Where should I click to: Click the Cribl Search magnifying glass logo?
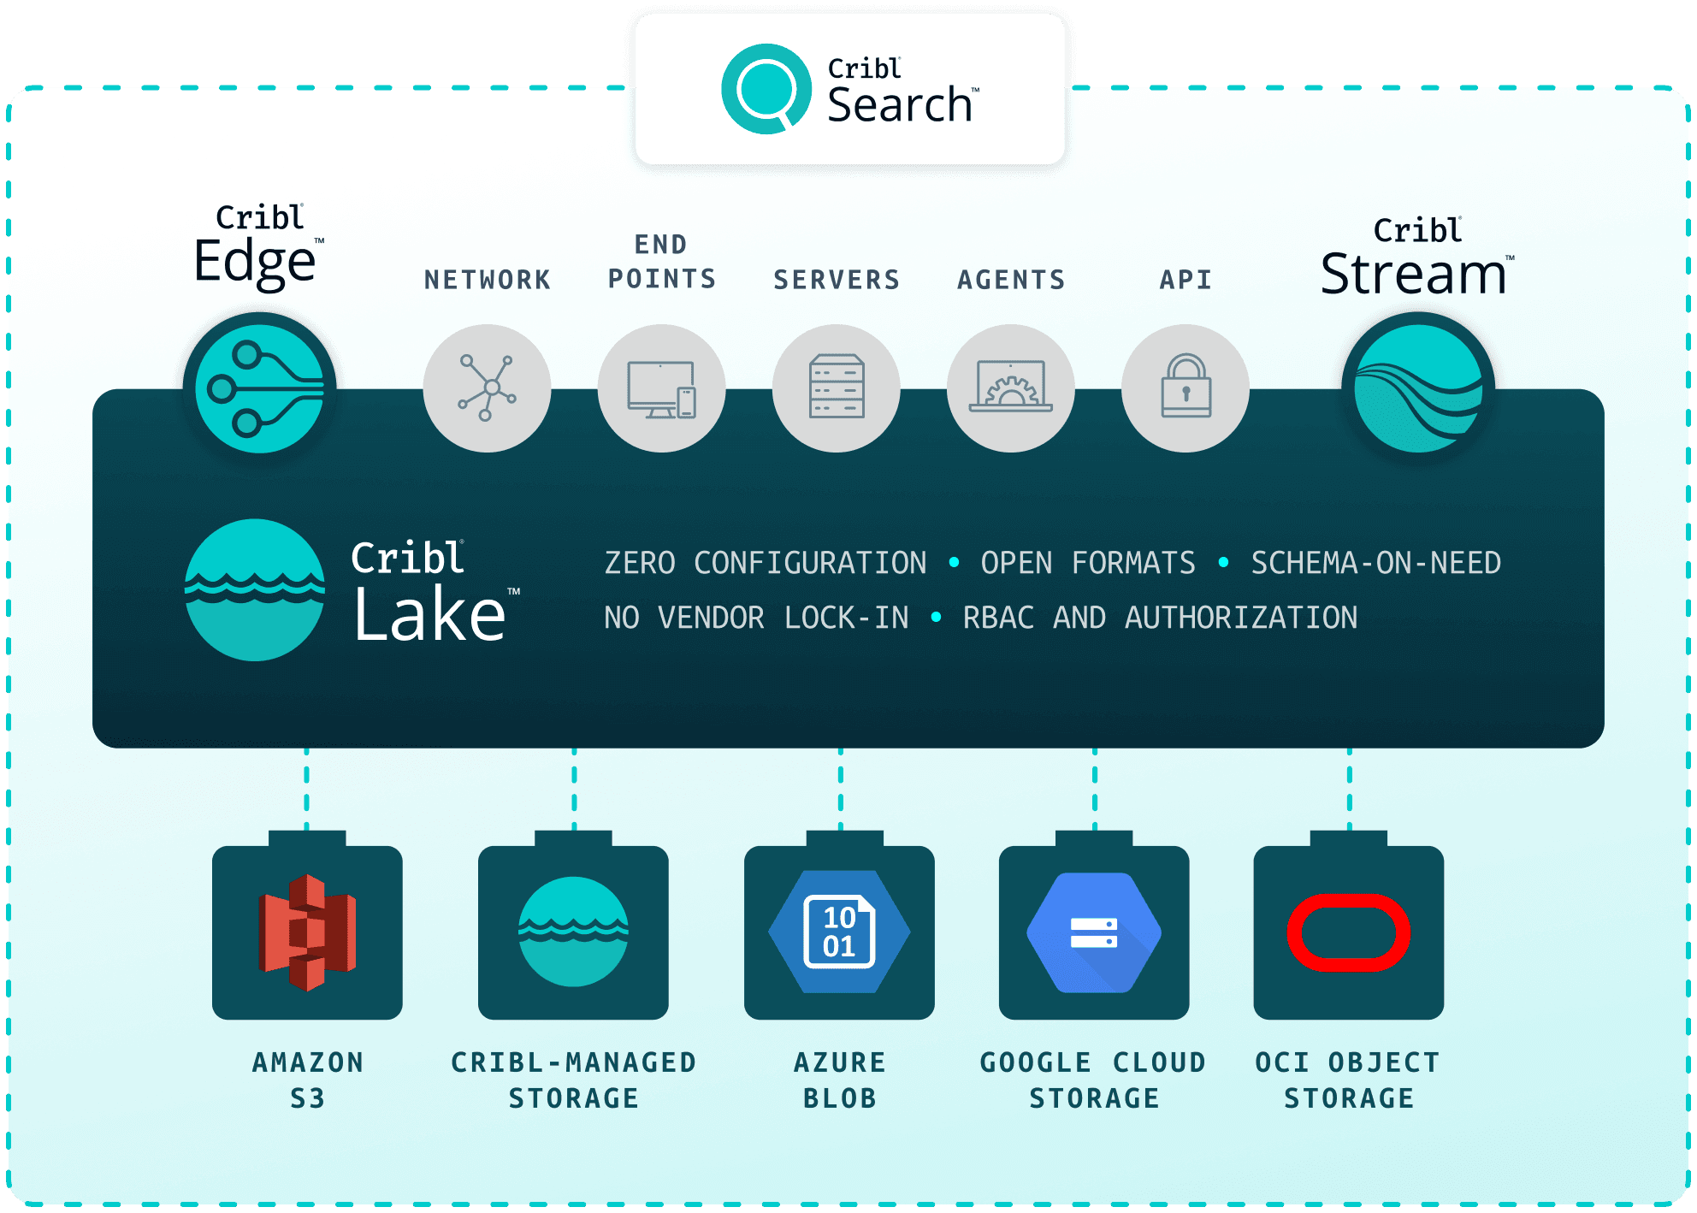pos(766,89)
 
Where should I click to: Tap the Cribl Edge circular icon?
pos(259,389)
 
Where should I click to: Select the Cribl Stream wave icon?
pos(1418,389)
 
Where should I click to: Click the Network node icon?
pos(487,388)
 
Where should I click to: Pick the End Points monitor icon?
pos(661,388)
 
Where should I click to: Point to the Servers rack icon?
pos(837,388)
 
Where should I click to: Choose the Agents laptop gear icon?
pos(1011,388)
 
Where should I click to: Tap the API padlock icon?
pos(1186,388)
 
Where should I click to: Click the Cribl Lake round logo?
pos(255,590)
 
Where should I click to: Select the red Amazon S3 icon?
pos(307,932)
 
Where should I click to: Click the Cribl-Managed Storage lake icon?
pos(573,932)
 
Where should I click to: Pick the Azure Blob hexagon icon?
pos(839,932)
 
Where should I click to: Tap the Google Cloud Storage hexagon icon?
pos(1094,932)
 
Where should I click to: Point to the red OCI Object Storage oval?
pos(1349,932)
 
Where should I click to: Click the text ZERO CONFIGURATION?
pos(766,563)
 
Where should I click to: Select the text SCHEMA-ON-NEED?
pos(1375,563)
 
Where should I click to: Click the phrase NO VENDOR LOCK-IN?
pos(756,618)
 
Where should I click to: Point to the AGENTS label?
pos(1011,280)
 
